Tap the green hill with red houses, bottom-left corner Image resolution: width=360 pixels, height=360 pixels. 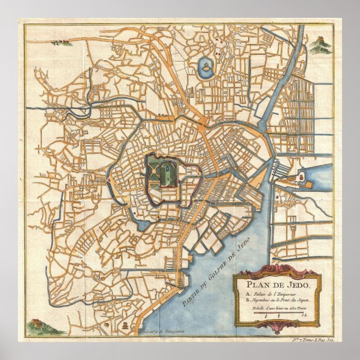click(35, 324)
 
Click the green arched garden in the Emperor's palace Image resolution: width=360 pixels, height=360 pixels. click(165, 174)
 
